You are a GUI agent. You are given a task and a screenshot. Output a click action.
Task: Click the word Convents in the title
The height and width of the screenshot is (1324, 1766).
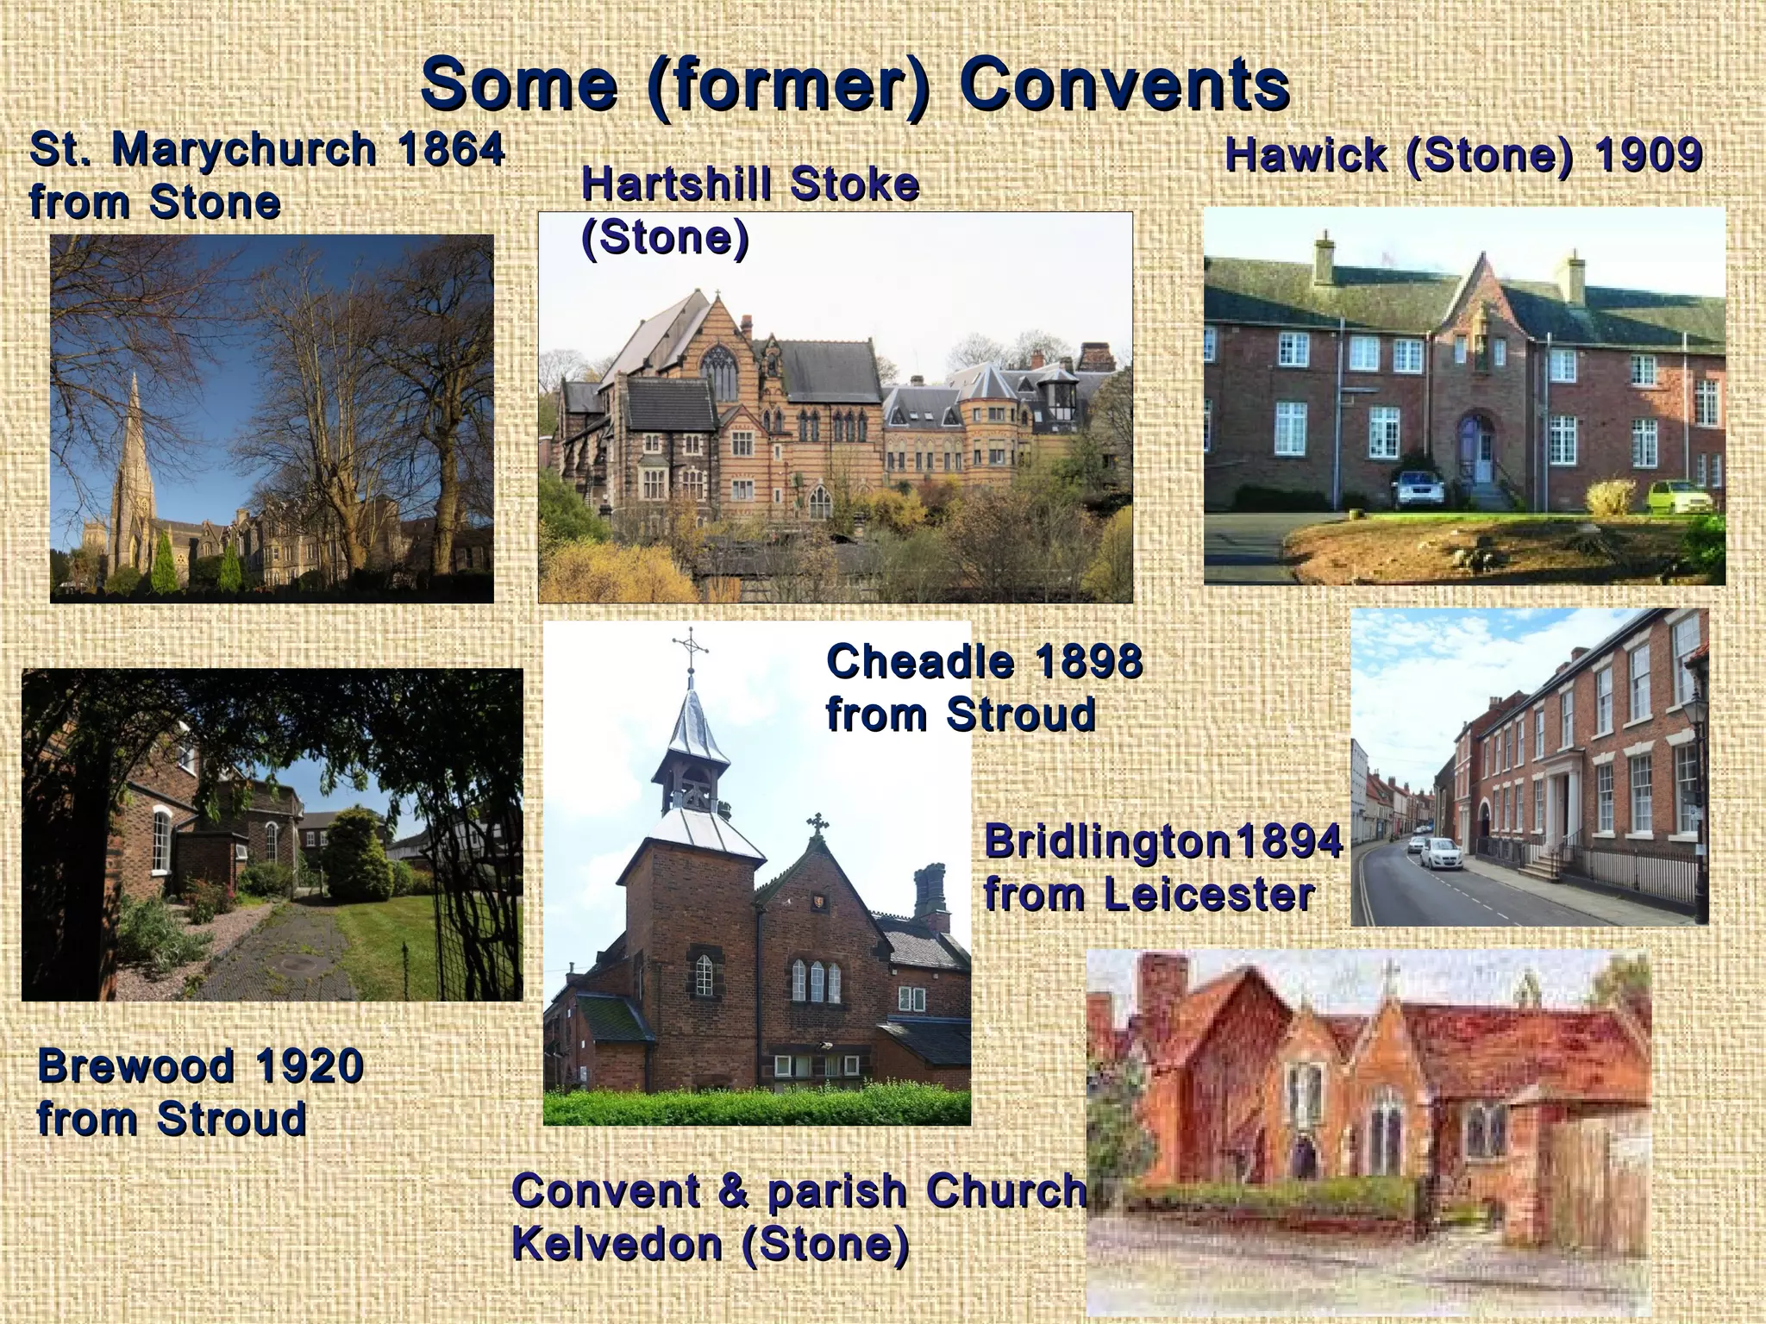1124,84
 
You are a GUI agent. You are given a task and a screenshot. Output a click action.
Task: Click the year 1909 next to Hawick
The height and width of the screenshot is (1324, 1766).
1648,156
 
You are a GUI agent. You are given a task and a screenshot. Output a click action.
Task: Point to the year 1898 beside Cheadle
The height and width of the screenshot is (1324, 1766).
1088,662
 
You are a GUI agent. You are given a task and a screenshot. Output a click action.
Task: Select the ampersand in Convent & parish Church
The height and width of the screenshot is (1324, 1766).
734,1191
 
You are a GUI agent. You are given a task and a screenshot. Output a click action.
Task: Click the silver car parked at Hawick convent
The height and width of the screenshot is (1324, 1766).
1417,489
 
